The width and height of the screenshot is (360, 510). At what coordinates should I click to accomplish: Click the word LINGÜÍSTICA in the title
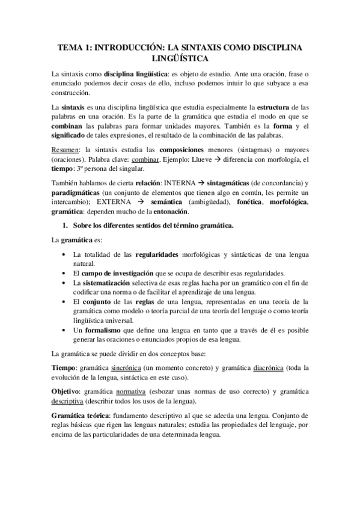click(180, 58)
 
